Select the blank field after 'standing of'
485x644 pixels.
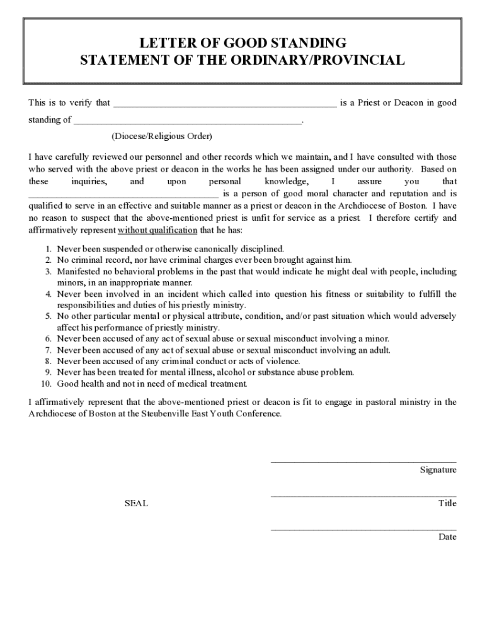tap(188, 121)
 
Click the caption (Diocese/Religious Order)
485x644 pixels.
tap(162, 136)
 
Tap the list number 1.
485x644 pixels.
tap(48, 249)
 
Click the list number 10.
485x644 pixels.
tap(47, 384)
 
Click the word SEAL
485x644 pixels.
tap(136, 504)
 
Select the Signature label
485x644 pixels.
tap(438, 470)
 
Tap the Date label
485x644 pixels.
tap(447, 537)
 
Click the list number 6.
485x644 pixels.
tap(48, 339)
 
